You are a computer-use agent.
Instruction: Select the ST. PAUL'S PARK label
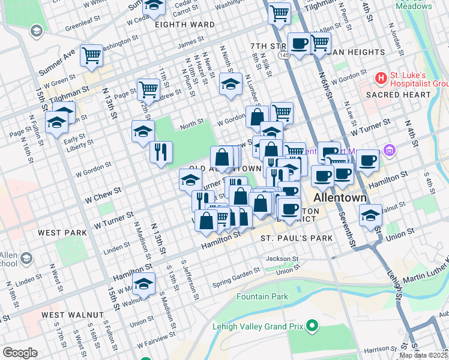(297, 238)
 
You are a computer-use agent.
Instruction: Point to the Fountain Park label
(262, 296)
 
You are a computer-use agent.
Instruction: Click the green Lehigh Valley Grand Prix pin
(312, 326)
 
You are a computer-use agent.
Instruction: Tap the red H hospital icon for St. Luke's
(380, 78)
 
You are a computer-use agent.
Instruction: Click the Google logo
(20, 352)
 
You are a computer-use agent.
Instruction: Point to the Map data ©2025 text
(423, 355)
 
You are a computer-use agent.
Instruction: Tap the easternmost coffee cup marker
(367, 160)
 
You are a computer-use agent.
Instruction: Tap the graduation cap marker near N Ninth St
(230, 85)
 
